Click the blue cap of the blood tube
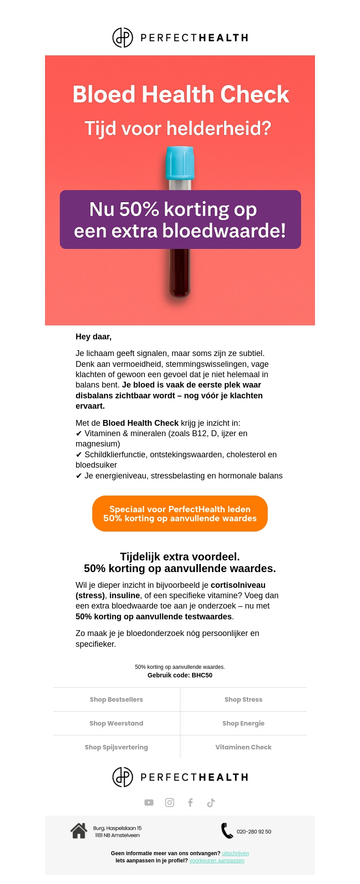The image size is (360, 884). pos(180,163)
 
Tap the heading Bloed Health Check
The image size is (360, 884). pos(180,95)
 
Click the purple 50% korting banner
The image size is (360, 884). pos(180,220)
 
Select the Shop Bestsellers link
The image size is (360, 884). pos(116,699)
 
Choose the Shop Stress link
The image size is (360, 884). pos(243,699)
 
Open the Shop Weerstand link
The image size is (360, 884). pos(116,723)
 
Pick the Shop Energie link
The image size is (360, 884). pos(243,723)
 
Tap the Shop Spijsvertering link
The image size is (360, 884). pos(116,747)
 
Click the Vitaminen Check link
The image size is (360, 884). pos(243,747)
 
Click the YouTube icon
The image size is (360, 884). pos(149,803)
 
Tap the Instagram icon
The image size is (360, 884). pos(170,803)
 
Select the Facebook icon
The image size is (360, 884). pos(190,803)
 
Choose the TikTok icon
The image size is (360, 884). pos(211,803)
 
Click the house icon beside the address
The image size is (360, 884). pos(79,831)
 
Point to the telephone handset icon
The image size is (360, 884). pos(226,831)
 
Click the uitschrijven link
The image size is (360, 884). pos(235,853)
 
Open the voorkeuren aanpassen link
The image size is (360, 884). pos(217,861)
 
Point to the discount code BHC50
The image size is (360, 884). pos(202,675)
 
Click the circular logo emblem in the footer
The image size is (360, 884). pos(122,777)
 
